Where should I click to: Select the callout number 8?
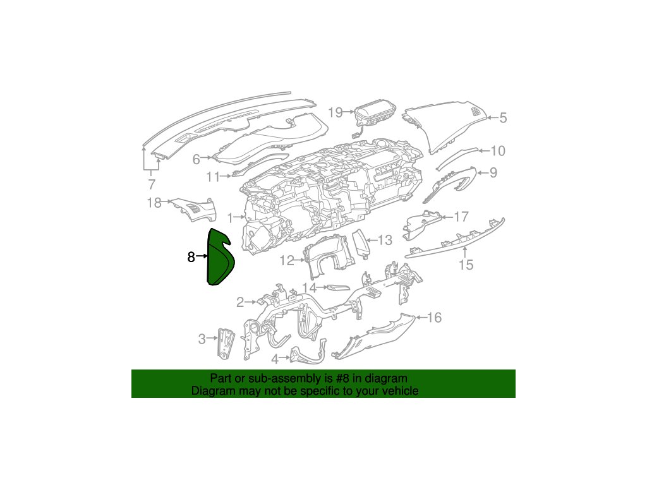191,256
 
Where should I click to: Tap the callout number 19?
336,112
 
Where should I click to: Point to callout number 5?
504,117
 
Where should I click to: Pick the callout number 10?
498,151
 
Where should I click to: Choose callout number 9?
493,172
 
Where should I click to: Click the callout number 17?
461,217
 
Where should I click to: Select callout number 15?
466,265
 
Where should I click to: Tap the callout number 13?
385,240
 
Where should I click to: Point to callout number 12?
287,260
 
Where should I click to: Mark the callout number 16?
435,318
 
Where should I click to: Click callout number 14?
308,288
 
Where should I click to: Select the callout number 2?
240,302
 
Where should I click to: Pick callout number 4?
275,359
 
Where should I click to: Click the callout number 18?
154,203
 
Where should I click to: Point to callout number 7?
152,185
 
